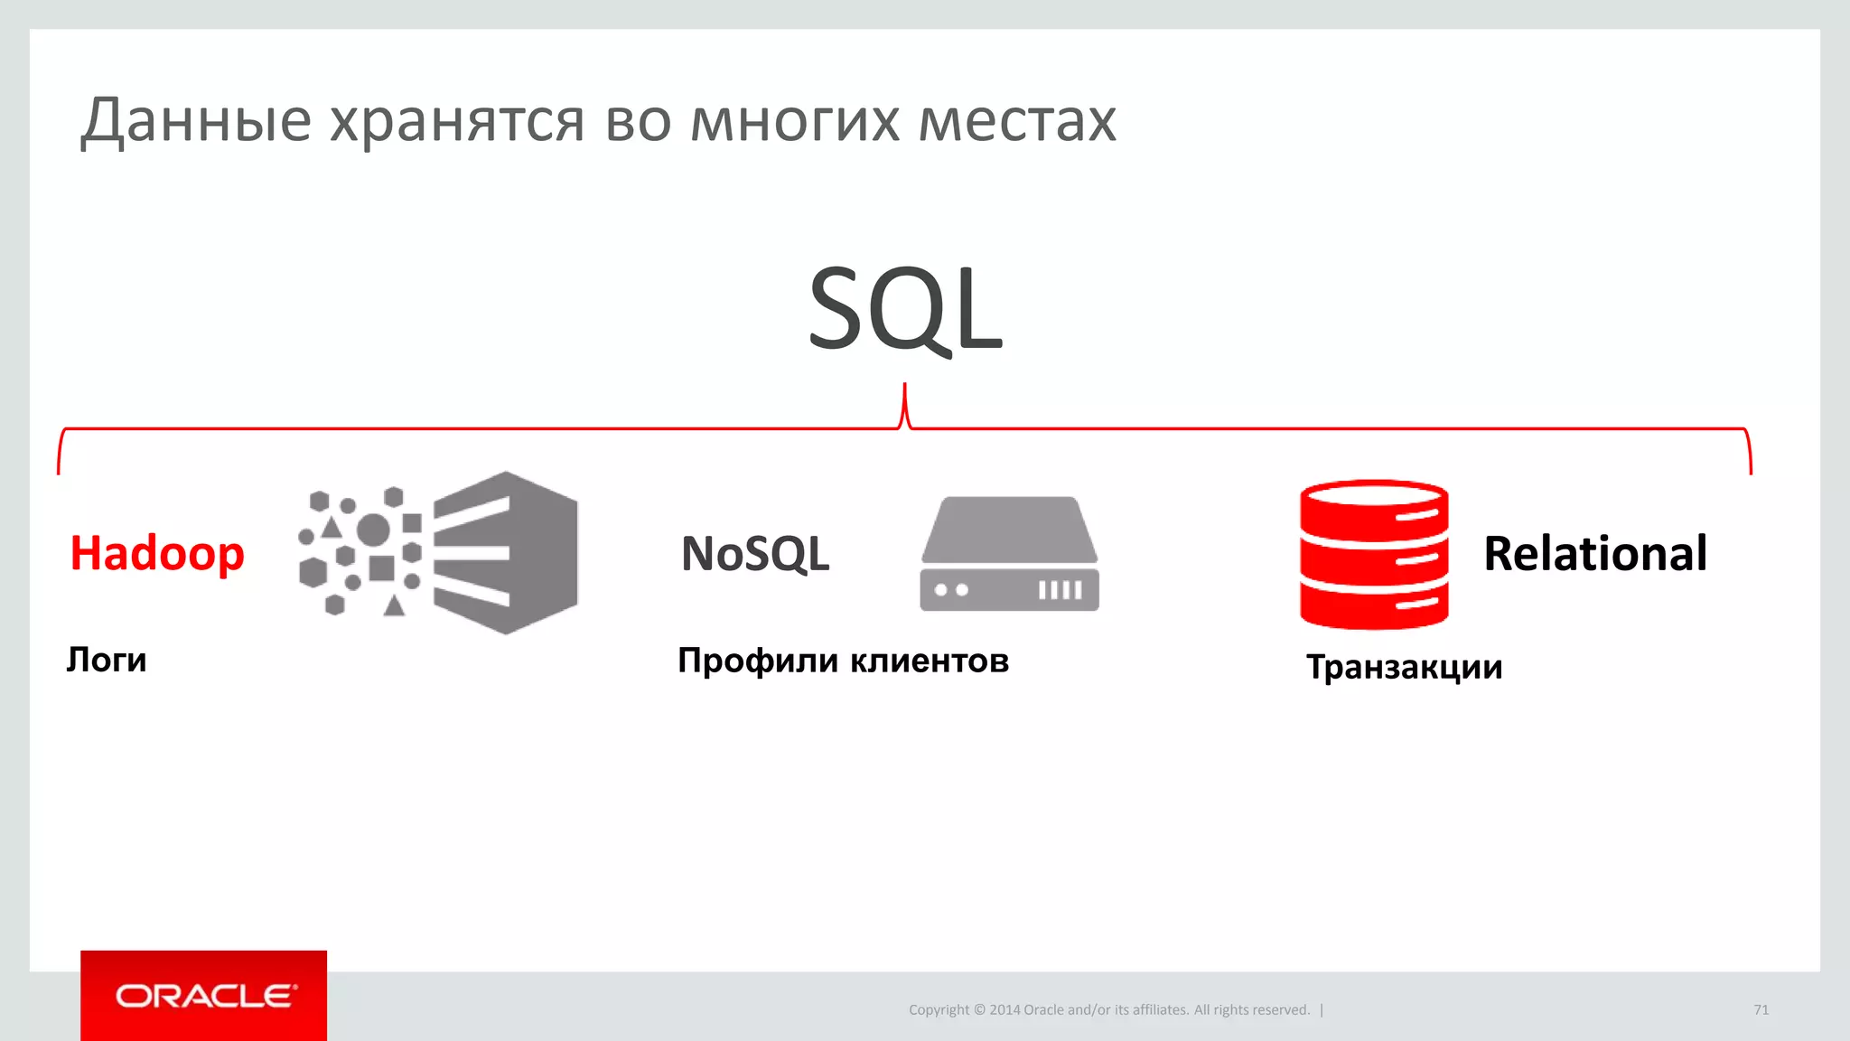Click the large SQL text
(905, 309)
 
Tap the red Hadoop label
(157, 553)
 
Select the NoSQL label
(755, 553)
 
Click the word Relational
(1595, 553)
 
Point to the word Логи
(107, 660)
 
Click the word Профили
(758, 661)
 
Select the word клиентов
(930, 661)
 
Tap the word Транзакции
(1405, 667)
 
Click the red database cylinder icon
(1374, 554)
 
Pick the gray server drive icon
(1010, 554)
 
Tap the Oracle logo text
(205, 996)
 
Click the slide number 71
(1761, 1009)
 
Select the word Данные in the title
(196, 121)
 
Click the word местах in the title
(1017, 121)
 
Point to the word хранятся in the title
(457, 121)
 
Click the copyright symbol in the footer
(979, 1010)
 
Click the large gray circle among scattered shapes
(373, 530)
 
